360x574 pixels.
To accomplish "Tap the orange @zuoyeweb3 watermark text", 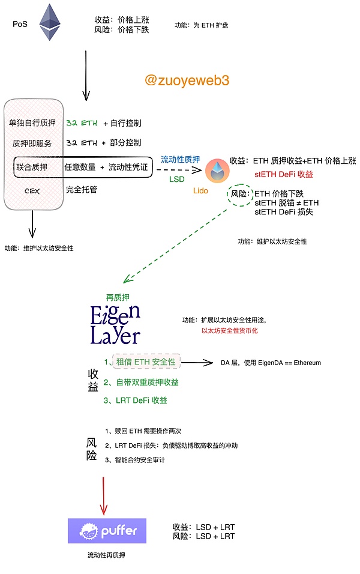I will [187, 80].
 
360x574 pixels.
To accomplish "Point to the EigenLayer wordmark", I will [115, 325].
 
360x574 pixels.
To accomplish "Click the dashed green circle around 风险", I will [242, 194].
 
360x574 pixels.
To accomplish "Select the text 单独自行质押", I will [32, 123].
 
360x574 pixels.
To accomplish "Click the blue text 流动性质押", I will [181, 160].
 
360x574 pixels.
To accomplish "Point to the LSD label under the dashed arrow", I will [177, 179].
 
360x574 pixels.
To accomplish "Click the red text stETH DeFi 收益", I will [284, 175].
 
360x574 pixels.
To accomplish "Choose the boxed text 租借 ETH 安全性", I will [146, 362].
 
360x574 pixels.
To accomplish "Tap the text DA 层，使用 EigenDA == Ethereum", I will [271, 363].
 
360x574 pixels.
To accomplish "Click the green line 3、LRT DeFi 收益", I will [136, 400].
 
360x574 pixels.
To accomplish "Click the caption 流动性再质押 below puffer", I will [106, 555].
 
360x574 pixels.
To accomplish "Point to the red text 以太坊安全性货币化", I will [230, 331].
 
